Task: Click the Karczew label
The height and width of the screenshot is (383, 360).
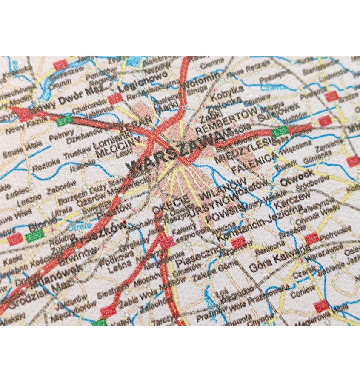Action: click(x=289, y=202)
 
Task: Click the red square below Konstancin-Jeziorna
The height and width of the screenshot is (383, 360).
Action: click(x=239, y=242)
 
